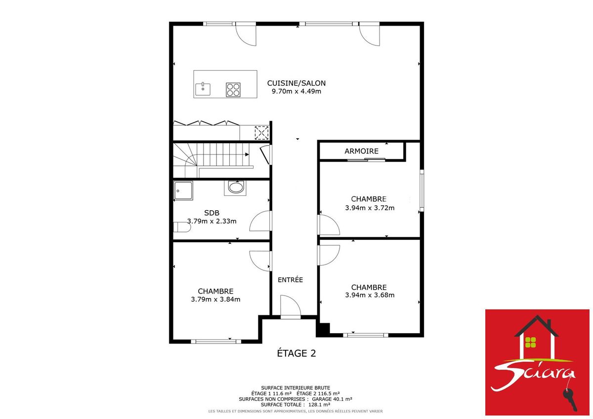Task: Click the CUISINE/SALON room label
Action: tap(296, 83)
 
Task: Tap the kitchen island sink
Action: tap(203, 89)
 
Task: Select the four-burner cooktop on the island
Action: tap(233, 90)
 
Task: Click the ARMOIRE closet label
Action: tap(361, 151)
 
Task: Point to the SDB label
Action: tap(212, 213)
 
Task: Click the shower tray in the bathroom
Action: tap(183, 190)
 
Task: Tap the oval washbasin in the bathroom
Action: tap(236, 188)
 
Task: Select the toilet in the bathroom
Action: tap(182, 227)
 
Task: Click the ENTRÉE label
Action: tap(290, 280)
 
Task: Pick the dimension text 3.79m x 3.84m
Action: tap(215, 300)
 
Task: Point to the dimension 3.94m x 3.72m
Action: tap(370, 208)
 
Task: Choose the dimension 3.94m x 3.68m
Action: tap(370, 295)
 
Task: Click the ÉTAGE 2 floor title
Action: tap(296, 353)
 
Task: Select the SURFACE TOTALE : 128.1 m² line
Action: tap(296, 405)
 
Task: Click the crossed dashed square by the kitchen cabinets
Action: tap(261, 133)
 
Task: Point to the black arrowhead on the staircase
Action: tap(247, 154)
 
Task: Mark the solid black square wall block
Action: tap(323, 330)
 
